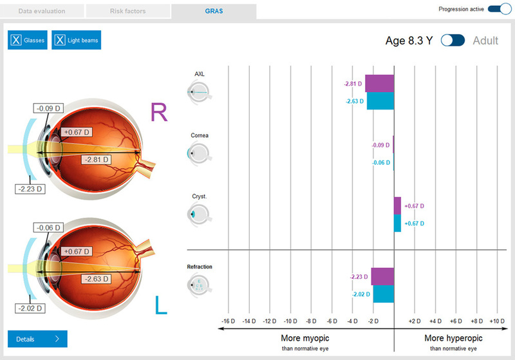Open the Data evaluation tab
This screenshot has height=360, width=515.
[42, 11]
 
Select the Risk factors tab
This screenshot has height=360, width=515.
[127, 11]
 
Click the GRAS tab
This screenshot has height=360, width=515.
[214, 11]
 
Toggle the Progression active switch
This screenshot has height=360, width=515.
[499, 9]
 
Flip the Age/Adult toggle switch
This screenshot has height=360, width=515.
[453, 41]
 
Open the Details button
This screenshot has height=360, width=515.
[37, 339]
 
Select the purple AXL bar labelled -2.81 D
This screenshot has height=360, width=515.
[379, 84]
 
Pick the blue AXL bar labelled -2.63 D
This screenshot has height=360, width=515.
[380, 101]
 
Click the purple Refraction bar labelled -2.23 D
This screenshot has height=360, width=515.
[382, 276]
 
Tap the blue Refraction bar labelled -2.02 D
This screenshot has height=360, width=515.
[384, 294]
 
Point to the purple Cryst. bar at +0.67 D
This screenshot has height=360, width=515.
[397, 206]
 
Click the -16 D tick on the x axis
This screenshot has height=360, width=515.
[229, 320]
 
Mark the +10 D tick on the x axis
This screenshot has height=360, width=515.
[496, 320]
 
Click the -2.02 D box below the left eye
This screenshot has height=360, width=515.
[30, 308]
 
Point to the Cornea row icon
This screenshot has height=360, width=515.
[199, 153]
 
